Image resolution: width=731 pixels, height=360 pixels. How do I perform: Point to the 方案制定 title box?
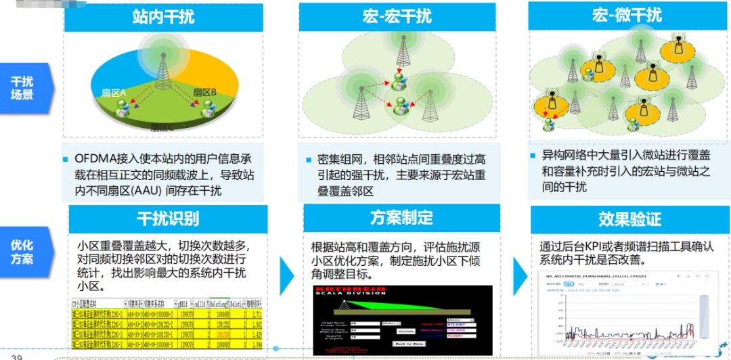pos(401,218)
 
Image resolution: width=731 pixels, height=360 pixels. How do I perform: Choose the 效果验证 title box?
pos(629,219)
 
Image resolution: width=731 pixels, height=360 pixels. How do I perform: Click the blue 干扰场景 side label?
pos(23,88)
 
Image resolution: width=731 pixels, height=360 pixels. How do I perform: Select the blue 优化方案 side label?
pos(23,252)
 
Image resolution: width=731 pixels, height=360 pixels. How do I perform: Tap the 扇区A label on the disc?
pos(114,91)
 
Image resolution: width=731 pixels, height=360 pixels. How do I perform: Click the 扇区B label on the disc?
pos(204,91)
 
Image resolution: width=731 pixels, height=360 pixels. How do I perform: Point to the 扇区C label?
pos(162,127)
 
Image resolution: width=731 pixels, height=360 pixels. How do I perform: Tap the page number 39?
pos(17,357)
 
